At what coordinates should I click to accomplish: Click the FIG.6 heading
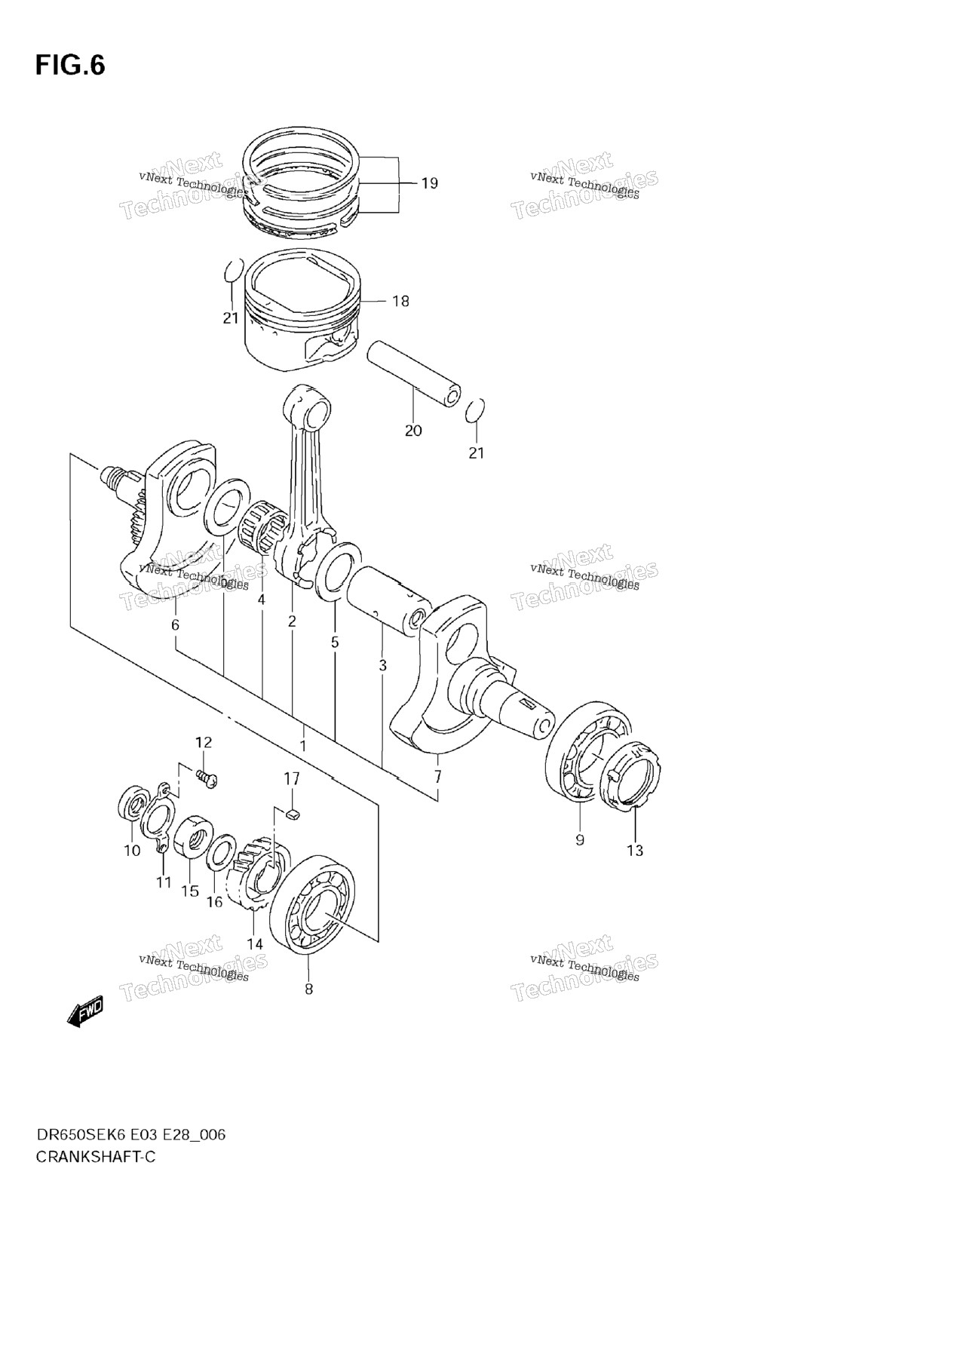[x=70, y=66]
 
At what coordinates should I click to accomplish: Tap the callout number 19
[x=429, y=183]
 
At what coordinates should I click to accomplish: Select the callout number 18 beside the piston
[x=400, y=302]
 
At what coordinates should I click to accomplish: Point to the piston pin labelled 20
[x=414, y=373]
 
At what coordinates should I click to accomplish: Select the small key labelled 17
[x=294, y=813]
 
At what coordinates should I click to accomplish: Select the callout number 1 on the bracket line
[x=302, y=746]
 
